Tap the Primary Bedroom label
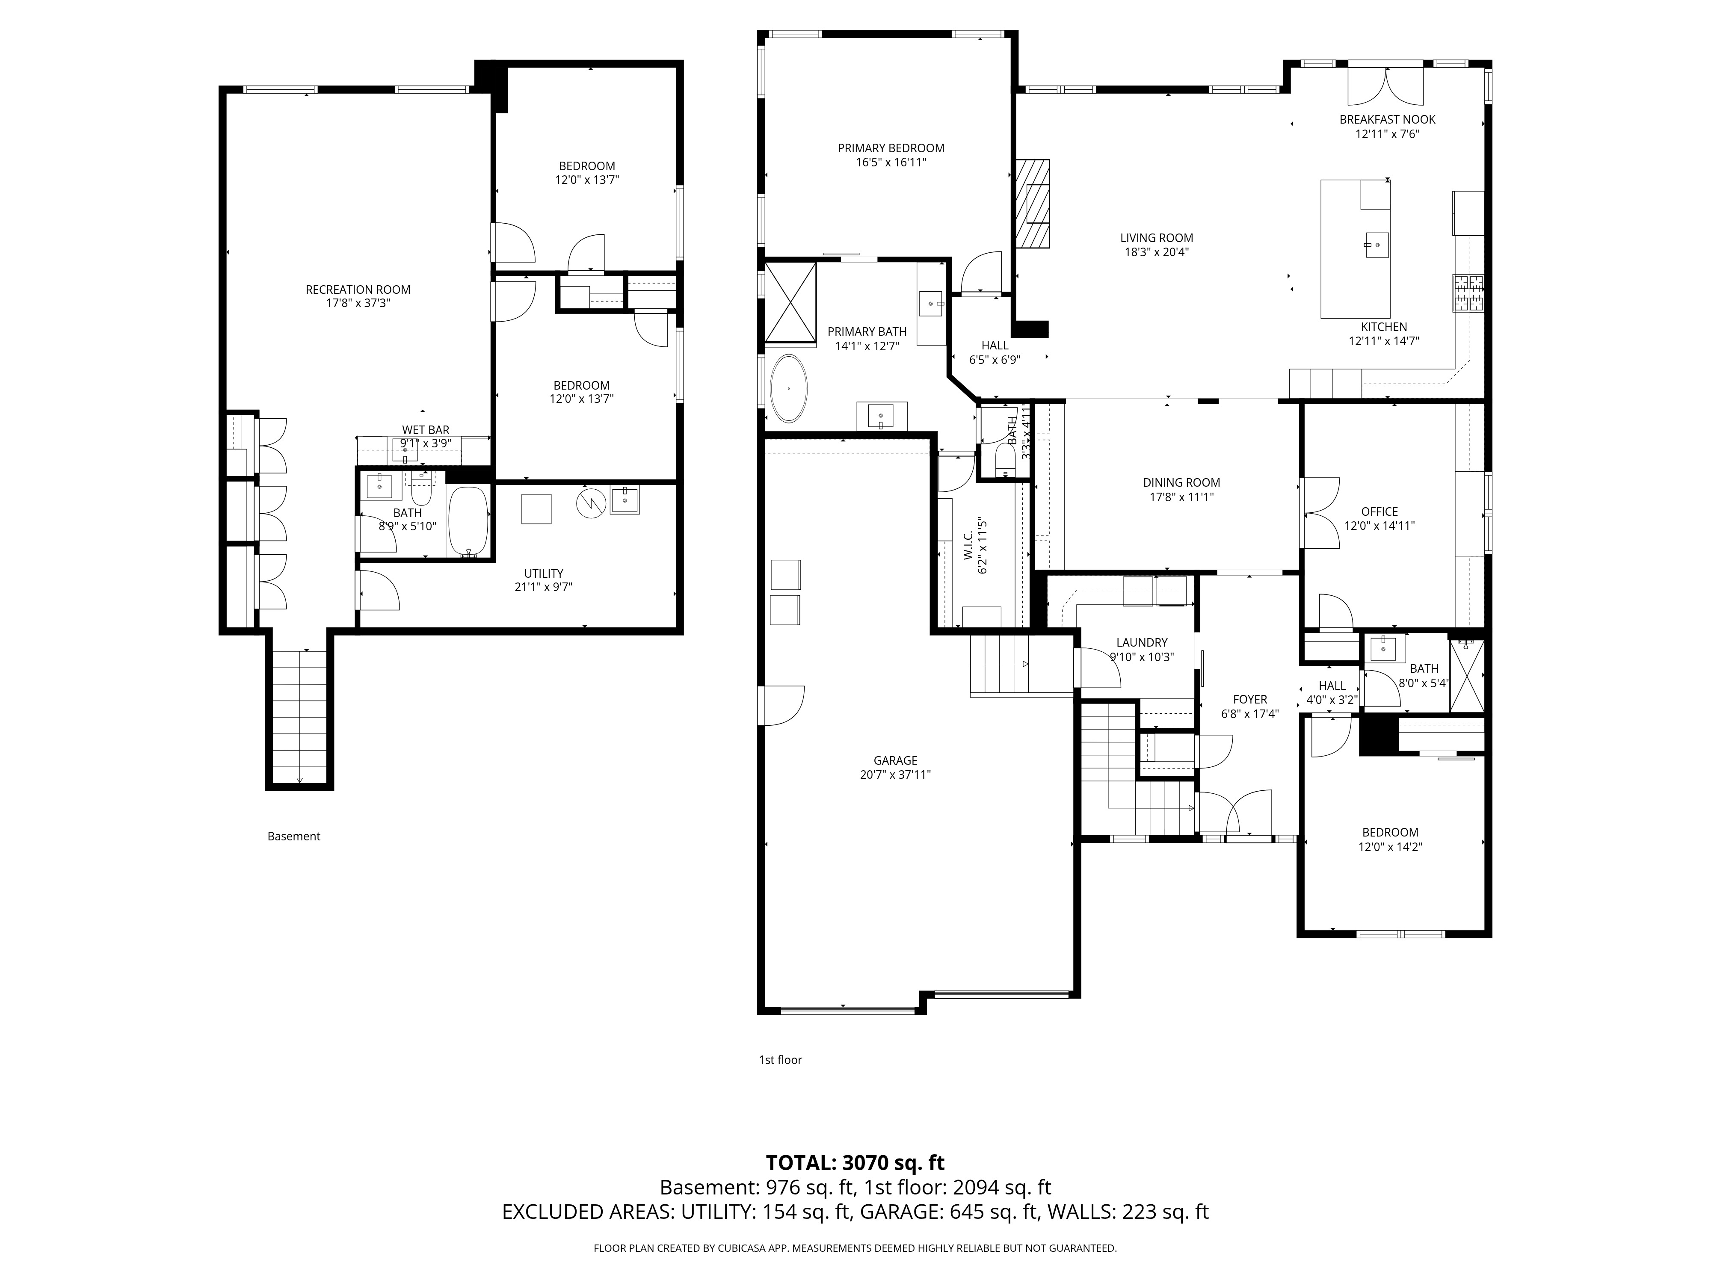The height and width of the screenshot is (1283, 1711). click(x=891, y=148)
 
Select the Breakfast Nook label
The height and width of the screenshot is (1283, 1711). click(x=1388, y=120)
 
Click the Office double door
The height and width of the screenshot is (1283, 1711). click(x=1320, y=513)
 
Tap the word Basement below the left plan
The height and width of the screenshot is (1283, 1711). click(x=294, y=836)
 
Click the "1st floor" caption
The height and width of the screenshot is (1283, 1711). click(x=780, y=1059)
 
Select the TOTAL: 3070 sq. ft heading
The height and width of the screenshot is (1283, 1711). click(x=855, y=1184)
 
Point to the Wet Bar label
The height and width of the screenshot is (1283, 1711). click(x=426, y=430)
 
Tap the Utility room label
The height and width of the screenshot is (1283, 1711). click(x=544, y=574)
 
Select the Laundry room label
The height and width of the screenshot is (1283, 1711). click(x=1142, y=643)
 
